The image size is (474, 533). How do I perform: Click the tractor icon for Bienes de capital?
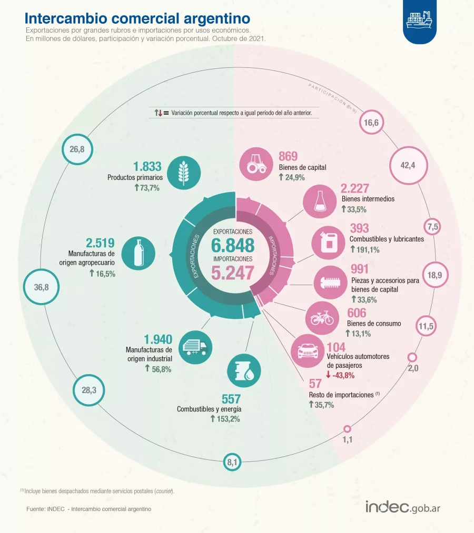(x=256, y=164)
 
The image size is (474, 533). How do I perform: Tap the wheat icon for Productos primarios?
(x=184, y=173)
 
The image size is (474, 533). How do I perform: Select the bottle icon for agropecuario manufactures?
(x=138, y=253)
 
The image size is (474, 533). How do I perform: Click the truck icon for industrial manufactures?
(x=195, y=347)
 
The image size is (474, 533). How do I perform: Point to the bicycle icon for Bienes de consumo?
(x=322, y=318)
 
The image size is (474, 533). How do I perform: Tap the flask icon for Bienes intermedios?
(x=320, y=202)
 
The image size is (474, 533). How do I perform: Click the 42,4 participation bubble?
(x=408, y=166)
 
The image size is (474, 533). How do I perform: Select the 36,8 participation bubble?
(x=41, y=287)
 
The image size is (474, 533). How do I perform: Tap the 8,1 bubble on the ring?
(x=232, y=462)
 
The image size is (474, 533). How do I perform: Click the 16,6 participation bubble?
(x=372, y=123)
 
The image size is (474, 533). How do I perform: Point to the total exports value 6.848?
(x=233, y=245)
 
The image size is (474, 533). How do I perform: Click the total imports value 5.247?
(x=233, y=273)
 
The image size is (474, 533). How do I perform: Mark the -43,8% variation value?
(x=340, y=375)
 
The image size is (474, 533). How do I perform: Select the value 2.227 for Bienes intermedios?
(x=355, y=188)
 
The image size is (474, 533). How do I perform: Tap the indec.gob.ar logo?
(x=403, y=508)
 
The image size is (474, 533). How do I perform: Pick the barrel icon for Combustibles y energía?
(x=244, y=371)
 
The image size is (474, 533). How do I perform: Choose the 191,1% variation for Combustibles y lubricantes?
(x=365, y=249)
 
